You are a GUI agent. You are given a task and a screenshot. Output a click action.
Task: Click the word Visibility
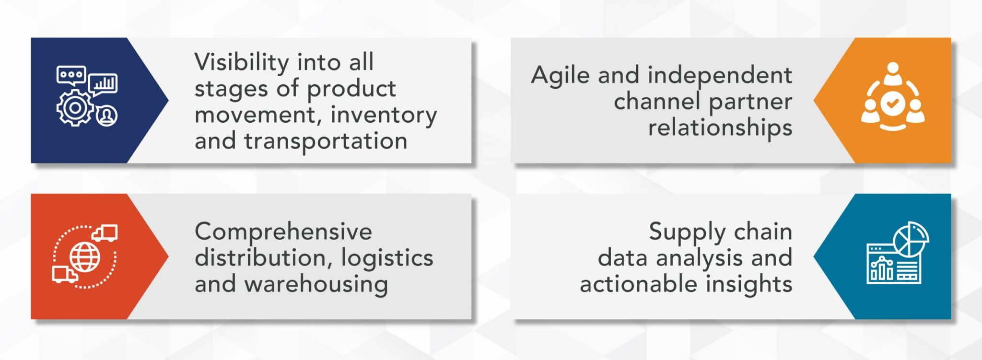(x=241, y=63)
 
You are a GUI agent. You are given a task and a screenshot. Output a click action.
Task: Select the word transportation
(x=326, y=141)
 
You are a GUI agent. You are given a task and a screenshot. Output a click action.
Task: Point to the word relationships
(x=720, y=128)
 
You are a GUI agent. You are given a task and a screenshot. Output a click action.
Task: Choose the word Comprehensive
(x=283, y=232)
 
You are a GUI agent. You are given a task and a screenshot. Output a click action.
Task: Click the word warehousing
(x=316, y=284)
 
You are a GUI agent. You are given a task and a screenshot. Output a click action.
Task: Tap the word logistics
(x=387, y=258)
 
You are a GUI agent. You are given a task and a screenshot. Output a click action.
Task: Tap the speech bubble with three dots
(x=71, y=76)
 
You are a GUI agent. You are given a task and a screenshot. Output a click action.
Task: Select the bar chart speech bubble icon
(x=103, y=84)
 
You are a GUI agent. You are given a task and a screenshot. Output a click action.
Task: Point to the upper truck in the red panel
(x=105, y=232)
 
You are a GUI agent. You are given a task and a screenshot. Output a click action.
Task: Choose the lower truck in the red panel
(x=64, y=275)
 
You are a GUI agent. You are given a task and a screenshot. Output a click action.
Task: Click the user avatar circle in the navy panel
(x=106, y=116)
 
